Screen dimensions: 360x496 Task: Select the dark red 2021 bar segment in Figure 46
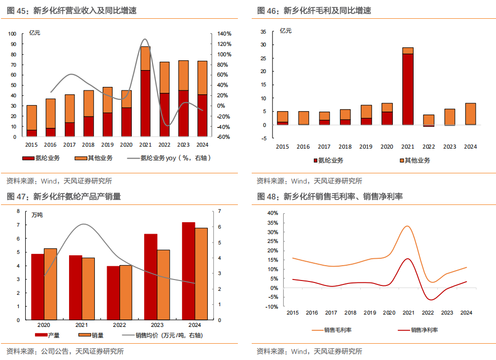tap(408, 89)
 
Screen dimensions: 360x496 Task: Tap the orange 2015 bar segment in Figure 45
tap(32, 118)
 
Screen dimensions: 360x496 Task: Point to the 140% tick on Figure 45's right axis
tap(225, 34)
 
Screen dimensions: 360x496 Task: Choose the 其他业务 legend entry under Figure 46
tap(415, 160)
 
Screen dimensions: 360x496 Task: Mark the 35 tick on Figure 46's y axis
tap(263, 31)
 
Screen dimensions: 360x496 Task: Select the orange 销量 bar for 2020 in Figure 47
tap(50, 284)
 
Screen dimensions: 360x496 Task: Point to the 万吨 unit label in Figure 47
tap(37, 215)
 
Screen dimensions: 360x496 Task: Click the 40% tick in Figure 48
tap(273, 213)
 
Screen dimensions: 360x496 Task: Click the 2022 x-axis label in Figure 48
tap(427, 313)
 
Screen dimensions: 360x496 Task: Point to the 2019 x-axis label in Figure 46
tap(366, 147)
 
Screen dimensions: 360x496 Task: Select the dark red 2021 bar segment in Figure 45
tap(145, 103)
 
